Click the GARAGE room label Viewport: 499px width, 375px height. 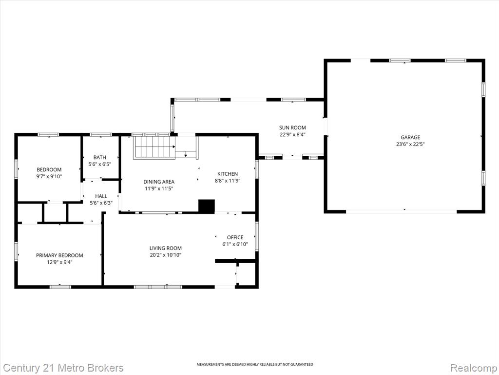point(410,137)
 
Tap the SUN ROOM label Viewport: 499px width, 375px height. point(292,127)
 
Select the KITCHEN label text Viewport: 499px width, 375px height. point(228,174)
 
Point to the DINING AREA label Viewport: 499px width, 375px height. point(159,182)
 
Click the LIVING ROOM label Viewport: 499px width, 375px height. point(166,248)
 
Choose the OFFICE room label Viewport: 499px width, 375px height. point(235,237)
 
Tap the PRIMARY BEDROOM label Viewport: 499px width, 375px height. point(59,255)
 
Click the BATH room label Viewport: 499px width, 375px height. point(99,157)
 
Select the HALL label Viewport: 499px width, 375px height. point(101,196)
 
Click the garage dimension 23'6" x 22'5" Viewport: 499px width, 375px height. point(410,144)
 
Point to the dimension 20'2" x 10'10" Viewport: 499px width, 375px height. point(166,255)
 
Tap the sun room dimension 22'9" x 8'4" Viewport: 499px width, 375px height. point(292,135)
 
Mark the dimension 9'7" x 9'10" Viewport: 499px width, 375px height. point(49,176)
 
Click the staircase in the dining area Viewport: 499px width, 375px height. point(154,147)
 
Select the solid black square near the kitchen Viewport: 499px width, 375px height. point(207,206)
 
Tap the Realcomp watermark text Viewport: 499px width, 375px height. point(474,368)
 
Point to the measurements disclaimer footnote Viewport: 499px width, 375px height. point(254,364)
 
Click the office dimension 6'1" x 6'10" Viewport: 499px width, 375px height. point(235,244)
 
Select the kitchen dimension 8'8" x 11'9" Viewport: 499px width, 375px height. point(228,181)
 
